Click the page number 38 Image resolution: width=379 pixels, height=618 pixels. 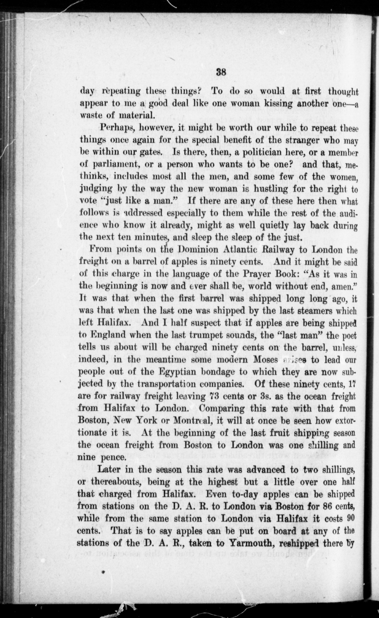click(221, 72)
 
